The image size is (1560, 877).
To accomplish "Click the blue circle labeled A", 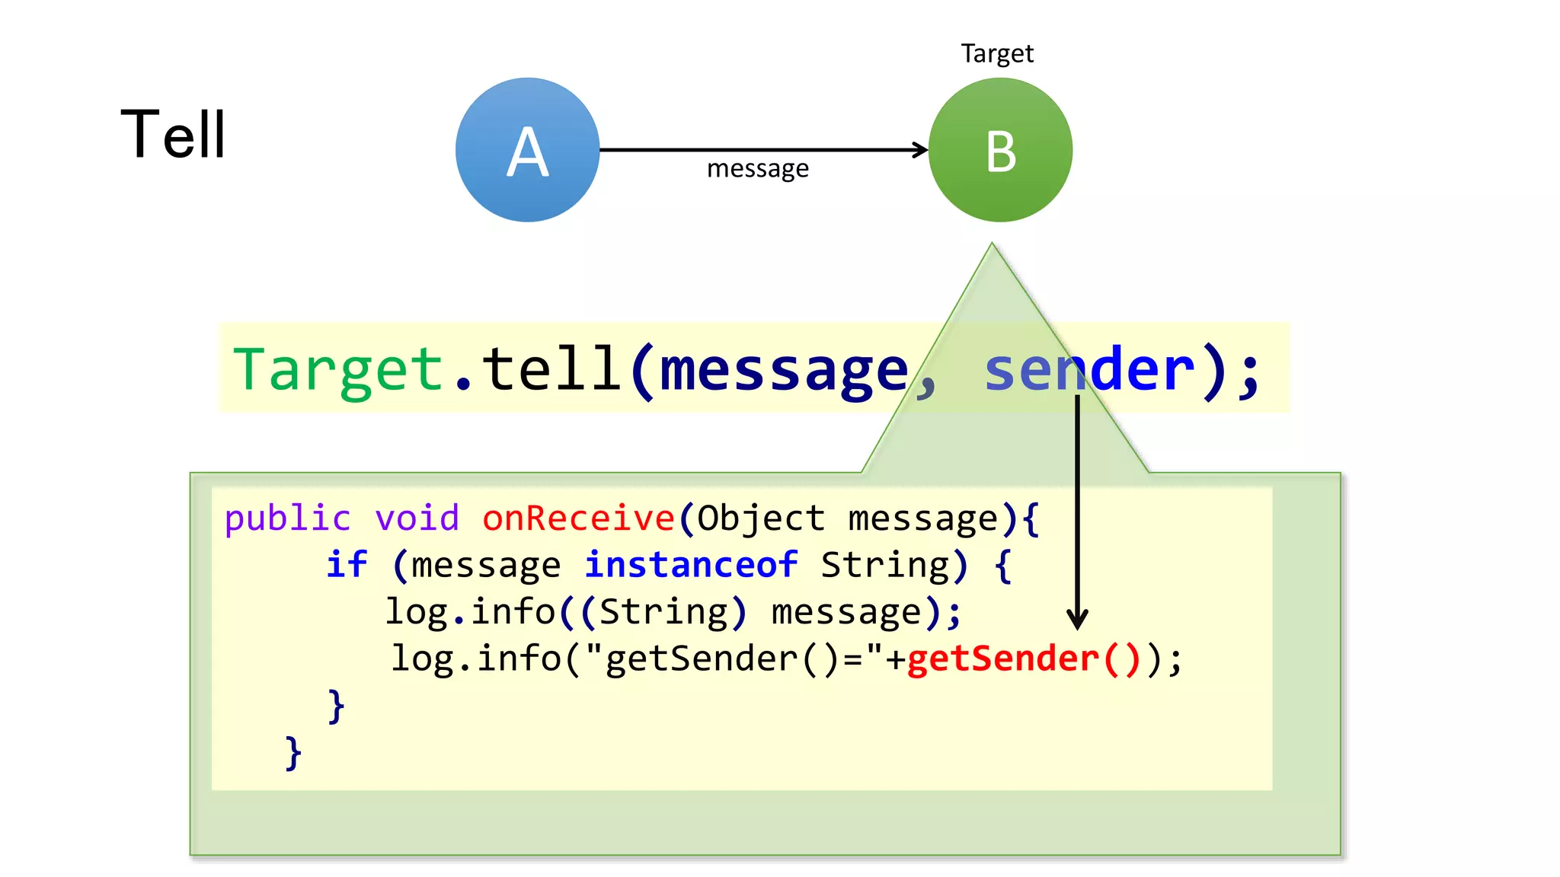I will (x=527, y=150).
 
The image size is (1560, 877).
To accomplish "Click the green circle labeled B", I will (x=1000, y=150).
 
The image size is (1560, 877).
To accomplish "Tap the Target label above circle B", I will (x=996, y=54).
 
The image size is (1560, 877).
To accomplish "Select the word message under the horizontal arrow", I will (x=757, y=168).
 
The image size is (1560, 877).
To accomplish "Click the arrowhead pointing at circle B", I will (x=920, y=150).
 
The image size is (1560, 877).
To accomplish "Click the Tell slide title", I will (x=173, y=135).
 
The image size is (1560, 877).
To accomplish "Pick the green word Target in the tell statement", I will (x=338, y=369).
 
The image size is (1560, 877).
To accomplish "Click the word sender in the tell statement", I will (x=1089, y=369).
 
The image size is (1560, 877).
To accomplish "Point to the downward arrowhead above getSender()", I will (x=1077, y=619).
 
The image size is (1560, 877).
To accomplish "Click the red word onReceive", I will (x=578, y=518).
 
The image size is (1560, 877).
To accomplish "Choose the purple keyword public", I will (x=287, y=518).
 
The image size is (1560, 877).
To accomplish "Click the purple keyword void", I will (x=417, y=518).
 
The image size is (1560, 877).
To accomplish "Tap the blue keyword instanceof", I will (x=691, y=565).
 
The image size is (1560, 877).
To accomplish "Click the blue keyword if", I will (x=347, y=565).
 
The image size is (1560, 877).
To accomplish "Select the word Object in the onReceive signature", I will (x=760, y=518).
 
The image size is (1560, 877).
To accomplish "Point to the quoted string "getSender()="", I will (x=735, y=659).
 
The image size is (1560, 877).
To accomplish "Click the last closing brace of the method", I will (x=293, y=753).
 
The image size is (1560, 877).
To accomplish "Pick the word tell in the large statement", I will (x=551, y=369).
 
